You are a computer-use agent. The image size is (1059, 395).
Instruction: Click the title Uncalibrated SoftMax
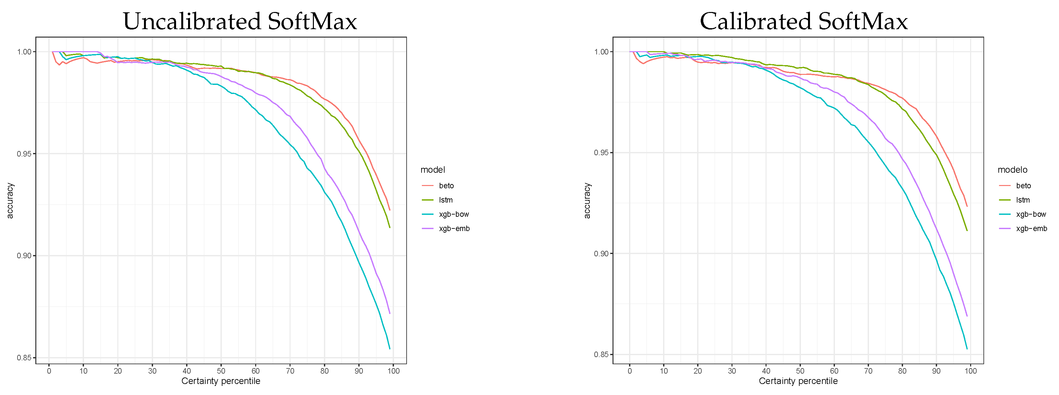pyautogui.click(x=240, y=21)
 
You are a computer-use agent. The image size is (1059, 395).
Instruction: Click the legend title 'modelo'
pyautogui.click(x=1012, y=170)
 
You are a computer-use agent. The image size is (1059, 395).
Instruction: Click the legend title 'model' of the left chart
pyautogui.click(x=433, y=170)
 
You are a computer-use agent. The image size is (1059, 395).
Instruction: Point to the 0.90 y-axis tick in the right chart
pyautogui.click(x=601, y=254)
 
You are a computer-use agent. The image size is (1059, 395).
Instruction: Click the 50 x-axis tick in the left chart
pyautogui.click(x=221, y=371)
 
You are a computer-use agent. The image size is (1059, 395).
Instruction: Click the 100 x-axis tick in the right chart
pyautogui.click(x=970, y=371)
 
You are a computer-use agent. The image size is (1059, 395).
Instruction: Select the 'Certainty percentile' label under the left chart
pyautogui.click(x=221, y=381)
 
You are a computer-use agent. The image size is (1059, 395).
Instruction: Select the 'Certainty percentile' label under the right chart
pyautogui.click(x=798, y=381)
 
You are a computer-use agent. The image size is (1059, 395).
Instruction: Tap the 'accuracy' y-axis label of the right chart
pyautogui.click(x=587, y=201)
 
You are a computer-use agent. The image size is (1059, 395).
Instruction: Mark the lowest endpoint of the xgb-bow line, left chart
pyautogui.click(x=390, y=349)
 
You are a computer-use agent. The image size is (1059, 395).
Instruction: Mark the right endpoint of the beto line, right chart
pyautogui.click(x=967, y=206)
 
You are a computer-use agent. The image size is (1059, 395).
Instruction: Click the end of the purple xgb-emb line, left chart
pyautogui.click(x=390, y=314)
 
